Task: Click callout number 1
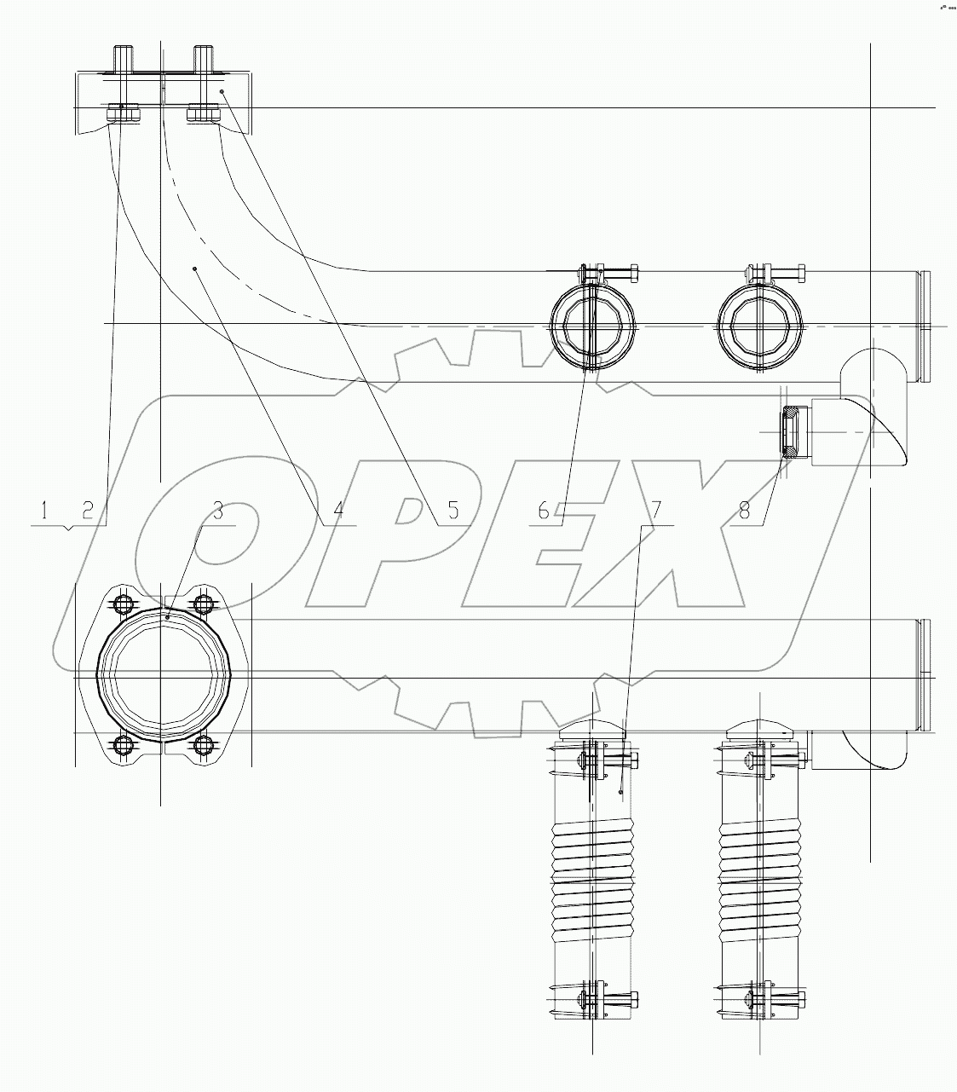[x=43, y=511]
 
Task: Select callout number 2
[x=87, y=511]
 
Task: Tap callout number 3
[x=218, y=511]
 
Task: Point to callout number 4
[x=338, y=511]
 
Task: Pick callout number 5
[x=453, y=511]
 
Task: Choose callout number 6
[x=545, y=511]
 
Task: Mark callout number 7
[x=656, y=511]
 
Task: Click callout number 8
[x=744, y=511]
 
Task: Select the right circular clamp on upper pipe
[x=760, y=326]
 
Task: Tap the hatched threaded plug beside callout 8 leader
[x=791, y=433]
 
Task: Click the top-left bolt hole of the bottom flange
[x=122, y=604]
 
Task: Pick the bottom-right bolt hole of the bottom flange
[x=202, y=745]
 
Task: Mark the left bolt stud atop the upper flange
[x=122, y=61]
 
